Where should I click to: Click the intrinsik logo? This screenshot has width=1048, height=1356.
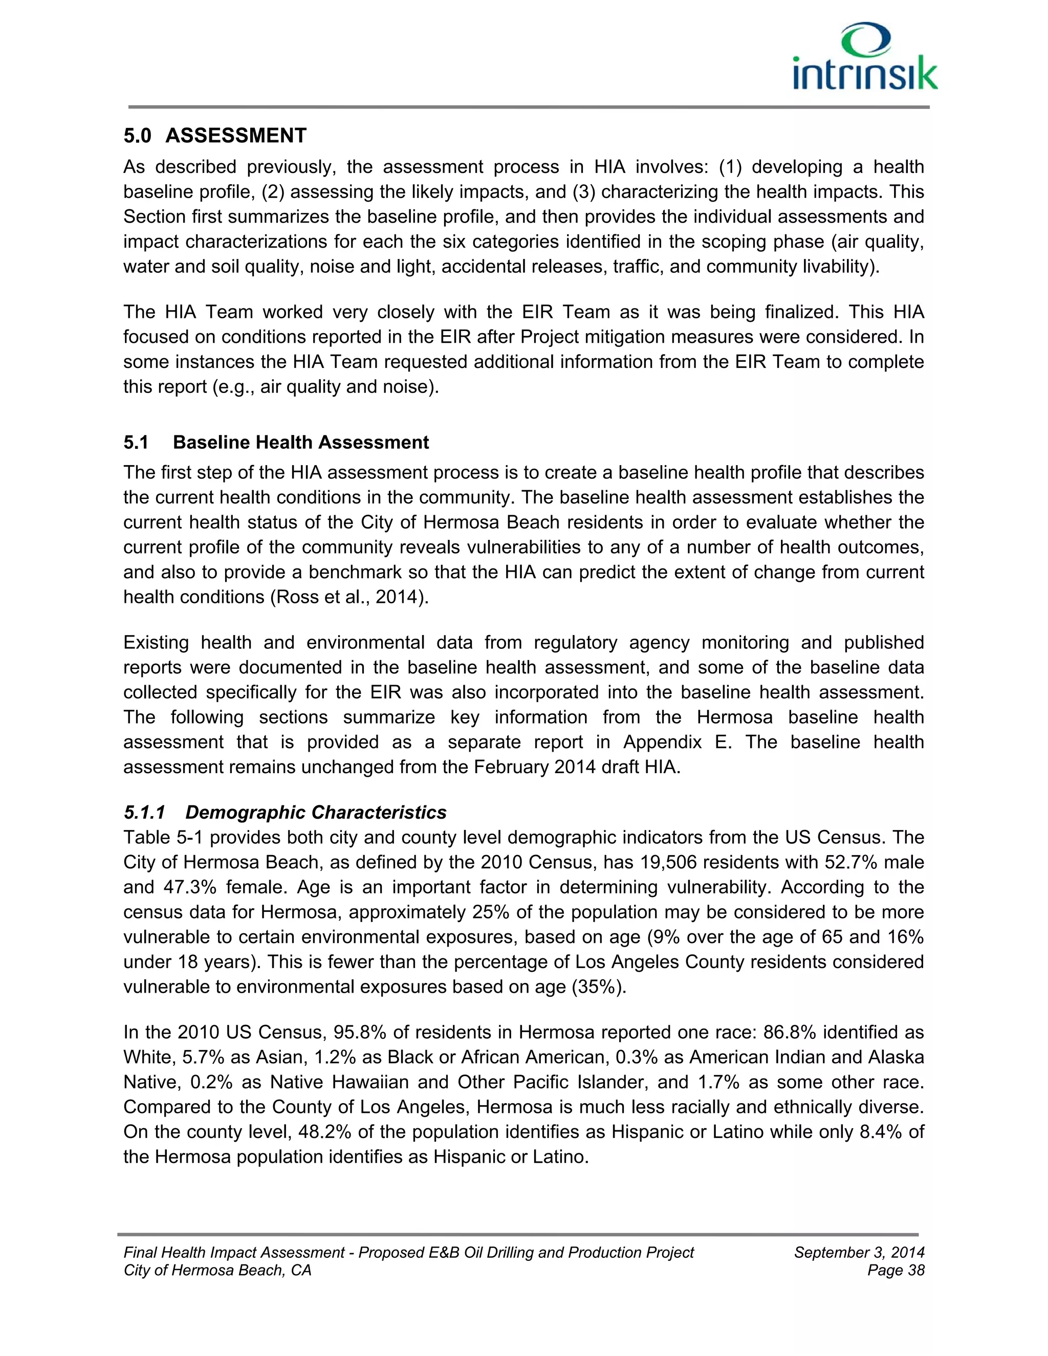pyautogui.click(x=864, y=57)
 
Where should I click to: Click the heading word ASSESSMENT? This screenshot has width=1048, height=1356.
pyautogui.click(x=235, y=136)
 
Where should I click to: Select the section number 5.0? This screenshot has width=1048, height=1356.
pyautogui.click(x=137, y=136)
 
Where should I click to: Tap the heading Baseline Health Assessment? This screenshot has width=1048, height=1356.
pyautogui.click(x=300, y=442)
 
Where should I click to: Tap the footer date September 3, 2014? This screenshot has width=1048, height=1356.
pyautogui.click(x=859, y=1252)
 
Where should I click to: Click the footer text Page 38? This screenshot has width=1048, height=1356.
pyautogui.click(x=896, y=1271)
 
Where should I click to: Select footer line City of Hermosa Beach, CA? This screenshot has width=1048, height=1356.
pyautogui.click(x=217, y=1271)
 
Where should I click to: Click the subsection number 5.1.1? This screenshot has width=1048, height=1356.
pyautogui.click(x=144, y=812)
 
